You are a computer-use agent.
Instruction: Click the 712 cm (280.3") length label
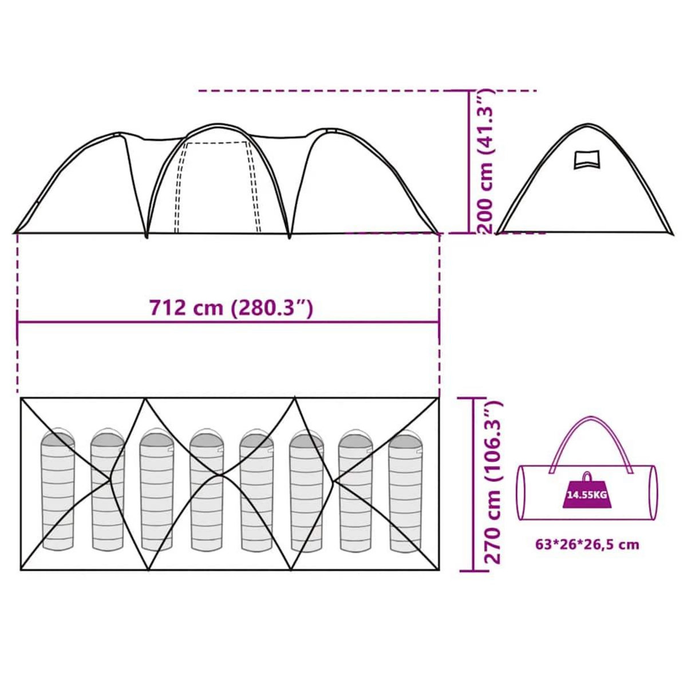[231, 308]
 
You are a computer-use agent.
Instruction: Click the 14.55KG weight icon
[587, 493]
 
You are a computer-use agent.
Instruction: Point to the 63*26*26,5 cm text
[587, 544]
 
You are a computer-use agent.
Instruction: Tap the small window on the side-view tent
[587, 159]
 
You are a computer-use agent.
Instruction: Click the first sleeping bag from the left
[58, 489]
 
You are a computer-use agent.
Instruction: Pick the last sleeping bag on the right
[405, 492]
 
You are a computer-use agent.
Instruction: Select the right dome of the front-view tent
[361, 183]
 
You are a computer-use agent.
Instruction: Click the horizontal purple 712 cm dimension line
[229, 322]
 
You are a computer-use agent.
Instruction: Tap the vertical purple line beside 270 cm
[474, 484]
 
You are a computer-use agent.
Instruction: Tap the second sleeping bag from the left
[108, 489]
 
